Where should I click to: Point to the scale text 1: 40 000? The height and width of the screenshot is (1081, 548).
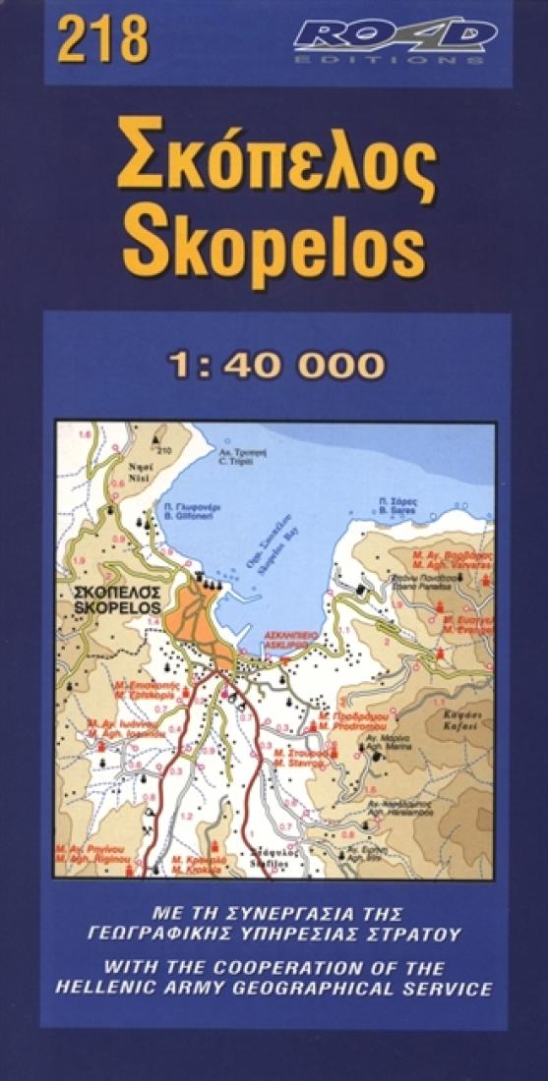(274, 366)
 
